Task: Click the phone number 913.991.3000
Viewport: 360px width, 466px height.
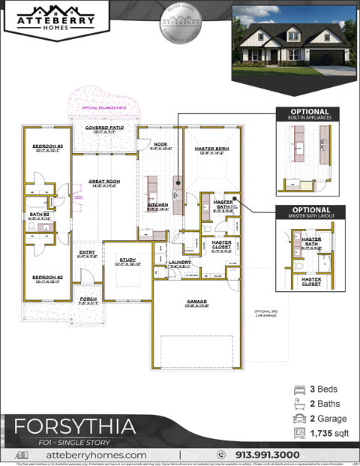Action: (x=267, y=455)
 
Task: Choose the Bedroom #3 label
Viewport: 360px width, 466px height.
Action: (x=46, y=146)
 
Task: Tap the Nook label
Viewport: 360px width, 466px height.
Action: (x=160, y=144)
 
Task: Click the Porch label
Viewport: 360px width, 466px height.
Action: (x=88, y=299)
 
